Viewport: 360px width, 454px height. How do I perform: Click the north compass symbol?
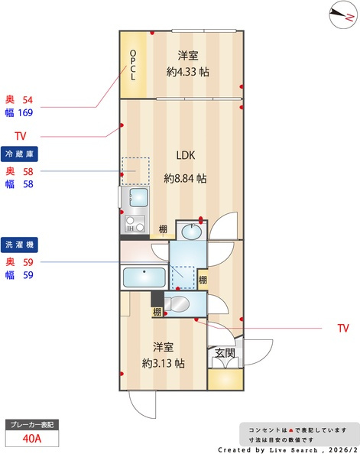(343, 15)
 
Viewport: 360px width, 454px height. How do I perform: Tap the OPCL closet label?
(133, 65)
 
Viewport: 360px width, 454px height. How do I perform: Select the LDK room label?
(186, 155)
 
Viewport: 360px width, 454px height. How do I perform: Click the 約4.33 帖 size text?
(188, 72)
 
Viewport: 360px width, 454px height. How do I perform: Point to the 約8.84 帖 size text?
(186, 178)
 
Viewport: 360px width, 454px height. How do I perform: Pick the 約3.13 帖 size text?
(163, 363)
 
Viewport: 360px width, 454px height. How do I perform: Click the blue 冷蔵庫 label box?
(19, 154)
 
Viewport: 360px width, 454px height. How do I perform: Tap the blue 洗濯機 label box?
(19, 245)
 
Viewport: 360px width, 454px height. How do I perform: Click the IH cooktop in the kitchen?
(135, 224)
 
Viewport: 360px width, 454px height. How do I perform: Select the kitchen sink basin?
(139, 197)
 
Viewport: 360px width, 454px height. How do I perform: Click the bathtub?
(144, 277)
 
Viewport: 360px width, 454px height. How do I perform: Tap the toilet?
(177, 304)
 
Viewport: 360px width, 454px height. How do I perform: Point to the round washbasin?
(191, 232)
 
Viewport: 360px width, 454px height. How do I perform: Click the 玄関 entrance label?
(225, 353)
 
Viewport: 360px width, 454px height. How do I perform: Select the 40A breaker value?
(32, 439)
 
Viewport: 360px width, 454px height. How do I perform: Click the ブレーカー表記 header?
(32, 425)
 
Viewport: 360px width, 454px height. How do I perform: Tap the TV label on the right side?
(343, 328)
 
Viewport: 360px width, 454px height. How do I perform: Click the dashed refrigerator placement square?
(135, 171)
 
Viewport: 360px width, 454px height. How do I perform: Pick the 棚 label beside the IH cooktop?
(163, 229)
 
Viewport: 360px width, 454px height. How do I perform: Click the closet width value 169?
(25, 112)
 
